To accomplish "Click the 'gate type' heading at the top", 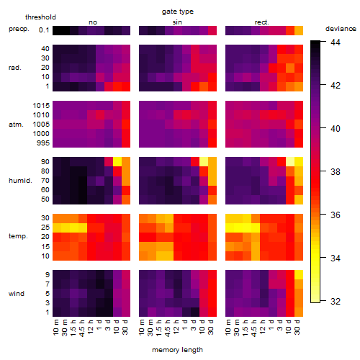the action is pos(178,12).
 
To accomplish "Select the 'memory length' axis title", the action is pos(177,350).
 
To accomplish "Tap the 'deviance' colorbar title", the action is pos(341,29).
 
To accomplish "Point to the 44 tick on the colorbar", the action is pos(336,42).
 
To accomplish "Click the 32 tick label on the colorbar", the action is pos(336,301).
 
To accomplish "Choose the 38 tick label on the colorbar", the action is pos(336,171).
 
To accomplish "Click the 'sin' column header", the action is pos(177,22).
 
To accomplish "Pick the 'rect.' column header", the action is pos(261,22).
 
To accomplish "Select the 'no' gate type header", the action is pos(93,22).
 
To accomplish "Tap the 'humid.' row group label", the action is pos(20,181).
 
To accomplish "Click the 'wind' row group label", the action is pos(17,294).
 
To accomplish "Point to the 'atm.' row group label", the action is pos(16,125).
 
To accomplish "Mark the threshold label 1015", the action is pos(41,106).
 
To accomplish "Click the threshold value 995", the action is pos(43,143).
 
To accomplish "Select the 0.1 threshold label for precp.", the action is pos(44,30).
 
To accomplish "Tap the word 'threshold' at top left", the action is pos(40,17).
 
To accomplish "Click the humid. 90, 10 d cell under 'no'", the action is pos(117,162).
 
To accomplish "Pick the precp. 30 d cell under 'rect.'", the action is pos(299,30).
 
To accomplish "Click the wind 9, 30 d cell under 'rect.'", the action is pos(299,275).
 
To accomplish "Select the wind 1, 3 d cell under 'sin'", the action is pos(195,312).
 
